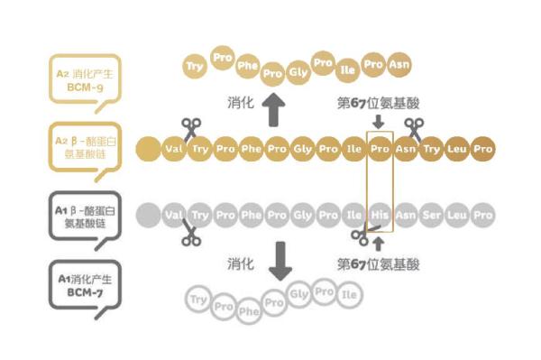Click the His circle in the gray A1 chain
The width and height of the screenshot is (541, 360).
[380, 216]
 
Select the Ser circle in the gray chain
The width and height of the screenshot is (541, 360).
[432, 216]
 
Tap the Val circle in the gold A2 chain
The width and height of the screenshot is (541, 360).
[174, 148]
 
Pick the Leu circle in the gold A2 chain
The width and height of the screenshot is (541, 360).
[458, 148]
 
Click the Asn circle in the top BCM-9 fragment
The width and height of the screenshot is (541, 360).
[399, 65]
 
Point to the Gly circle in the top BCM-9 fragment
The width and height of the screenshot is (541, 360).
[298, 70]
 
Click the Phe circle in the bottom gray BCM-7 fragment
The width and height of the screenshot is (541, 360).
[248, 310]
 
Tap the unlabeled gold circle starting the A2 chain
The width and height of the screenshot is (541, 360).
[147, 148]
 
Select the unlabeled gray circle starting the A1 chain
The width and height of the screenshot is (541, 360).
[148, 216]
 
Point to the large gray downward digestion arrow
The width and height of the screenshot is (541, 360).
[283, 260]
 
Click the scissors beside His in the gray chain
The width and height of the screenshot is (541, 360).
[361, 236]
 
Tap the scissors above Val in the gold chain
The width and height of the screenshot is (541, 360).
[190, 127]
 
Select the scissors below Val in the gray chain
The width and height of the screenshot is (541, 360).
[190, 236]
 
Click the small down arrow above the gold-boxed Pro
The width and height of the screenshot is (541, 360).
[378, 121]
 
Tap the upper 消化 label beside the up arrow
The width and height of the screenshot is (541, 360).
[239, 104]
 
